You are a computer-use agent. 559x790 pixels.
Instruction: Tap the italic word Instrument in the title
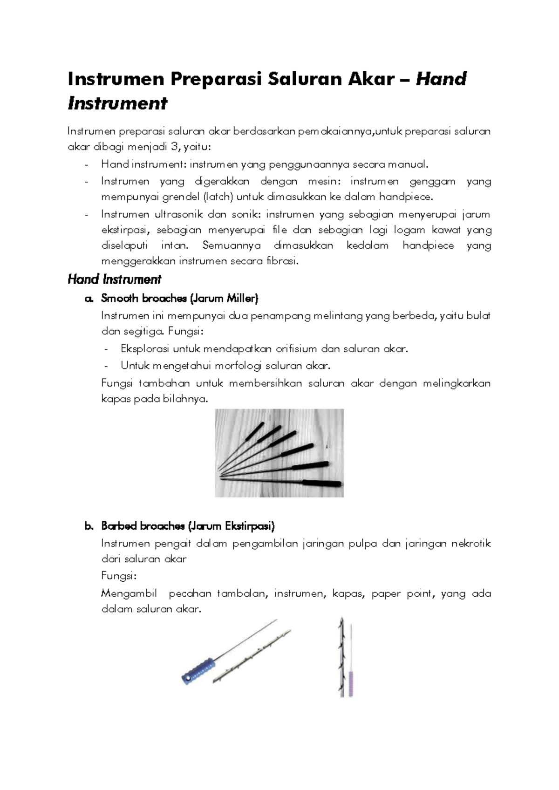[x=117, y=103]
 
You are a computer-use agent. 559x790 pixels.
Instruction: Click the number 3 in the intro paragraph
[x=174, y=147]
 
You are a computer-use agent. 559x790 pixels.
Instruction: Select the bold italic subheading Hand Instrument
[x=115, y=279]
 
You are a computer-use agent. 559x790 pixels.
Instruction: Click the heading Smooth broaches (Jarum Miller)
[x=179, y=298]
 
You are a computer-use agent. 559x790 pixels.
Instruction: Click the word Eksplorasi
[x=144, y=349]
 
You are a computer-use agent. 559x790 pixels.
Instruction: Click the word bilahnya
[x=184, y=399]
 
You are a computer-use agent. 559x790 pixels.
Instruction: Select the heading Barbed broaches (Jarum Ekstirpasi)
[x=188, y=526]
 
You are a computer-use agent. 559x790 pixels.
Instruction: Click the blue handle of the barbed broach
[x=198, y=668]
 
